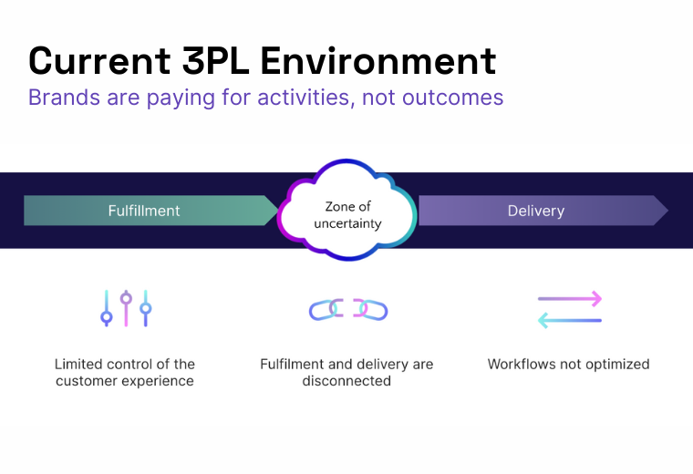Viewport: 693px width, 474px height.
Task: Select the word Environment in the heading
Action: coord(378,61)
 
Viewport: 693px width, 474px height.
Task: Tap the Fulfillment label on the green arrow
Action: coord(144,211)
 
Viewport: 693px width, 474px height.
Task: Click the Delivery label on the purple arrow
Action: coord(535,211)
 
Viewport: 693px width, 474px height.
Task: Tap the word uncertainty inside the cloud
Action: coord(346,223)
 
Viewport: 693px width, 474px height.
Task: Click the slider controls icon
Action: coord(126,309)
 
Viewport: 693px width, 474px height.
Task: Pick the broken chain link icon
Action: coord(348,310)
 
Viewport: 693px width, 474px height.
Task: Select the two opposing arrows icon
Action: coord(570,310)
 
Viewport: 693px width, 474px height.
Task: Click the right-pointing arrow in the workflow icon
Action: coord(570,298)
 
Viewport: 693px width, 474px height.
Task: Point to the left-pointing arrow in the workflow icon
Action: coord(570,321)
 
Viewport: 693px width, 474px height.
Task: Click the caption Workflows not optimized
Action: coord(568,364)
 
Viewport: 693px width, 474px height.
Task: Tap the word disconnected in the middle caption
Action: coord(346,381)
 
